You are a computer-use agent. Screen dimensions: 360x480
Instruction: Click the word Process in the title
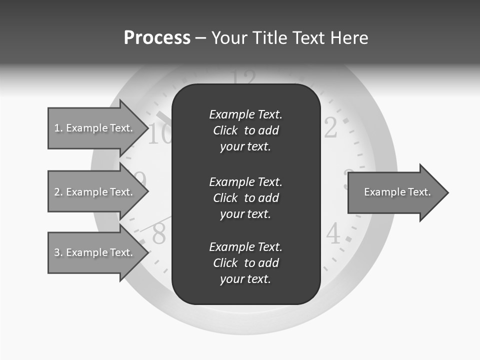(157, 38)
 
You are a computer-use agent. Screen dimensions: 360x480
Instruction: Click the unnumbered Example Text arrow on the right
(397, 192)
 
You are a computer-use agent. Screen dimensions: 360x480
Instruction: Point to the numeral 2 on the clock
(330, 128)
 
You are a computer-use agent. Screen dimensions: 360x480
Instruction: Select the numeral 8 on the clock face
(159, 234)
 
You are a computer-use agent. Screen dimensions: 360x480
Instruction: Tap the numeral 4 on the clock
(333, 233)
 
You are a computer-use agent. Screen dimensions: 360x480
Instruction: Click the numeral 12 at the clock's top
(245, 77)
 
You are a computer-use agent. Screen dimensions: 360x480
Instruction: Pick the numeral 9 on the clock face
(140, 179)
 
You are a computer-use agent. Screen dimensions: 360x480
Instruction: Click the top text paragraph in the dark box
(245, 130)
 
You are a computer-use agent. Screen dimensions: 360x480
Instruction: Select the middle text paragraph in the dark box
(245, 198)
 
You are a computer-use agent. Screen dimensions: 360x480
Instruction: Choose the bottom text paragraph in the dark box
(245, 263)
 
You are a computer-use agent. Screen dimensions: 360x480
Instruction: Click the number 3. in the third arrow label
(58, 252)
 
